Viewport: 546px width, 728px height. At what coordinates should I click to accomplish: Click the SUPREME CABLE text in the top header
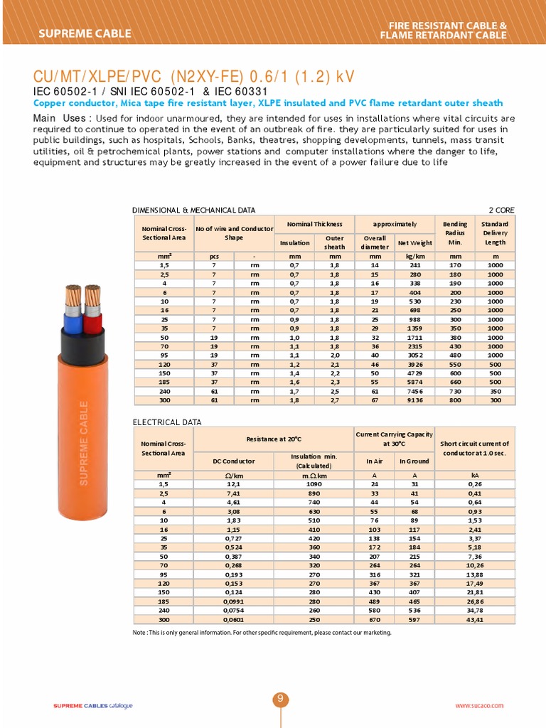coord(85,33)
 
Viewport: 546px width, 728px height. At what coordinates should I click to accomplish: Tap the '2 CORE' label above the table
coord(501,210)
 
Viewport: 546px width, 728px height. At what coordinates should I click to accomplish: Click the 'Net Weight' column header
coord(414,242)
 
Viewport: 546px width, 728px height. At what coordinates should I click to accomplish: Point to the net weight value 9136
coord(414,400)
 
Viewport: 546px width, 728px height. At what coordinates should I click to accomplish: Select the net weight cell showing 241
coord(414,264)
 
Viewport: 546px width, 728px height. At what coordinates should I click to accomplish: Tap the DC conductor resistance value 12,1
coord(233,484)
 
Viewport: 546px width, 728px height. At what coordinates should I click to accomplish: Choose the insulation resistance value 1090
coord(314,484)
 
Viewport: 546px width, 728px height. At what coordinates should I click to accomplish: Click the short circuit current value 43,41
coord(474,620)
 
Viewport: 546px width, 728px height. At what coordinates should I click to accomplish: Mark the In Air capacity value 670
coord(375,620)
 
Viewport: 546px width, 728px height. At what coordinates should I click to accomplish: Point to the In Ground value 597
coord(414,620)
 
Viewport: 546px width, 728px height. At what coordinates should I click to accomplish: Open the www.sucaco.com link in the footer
coord(478,705)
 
